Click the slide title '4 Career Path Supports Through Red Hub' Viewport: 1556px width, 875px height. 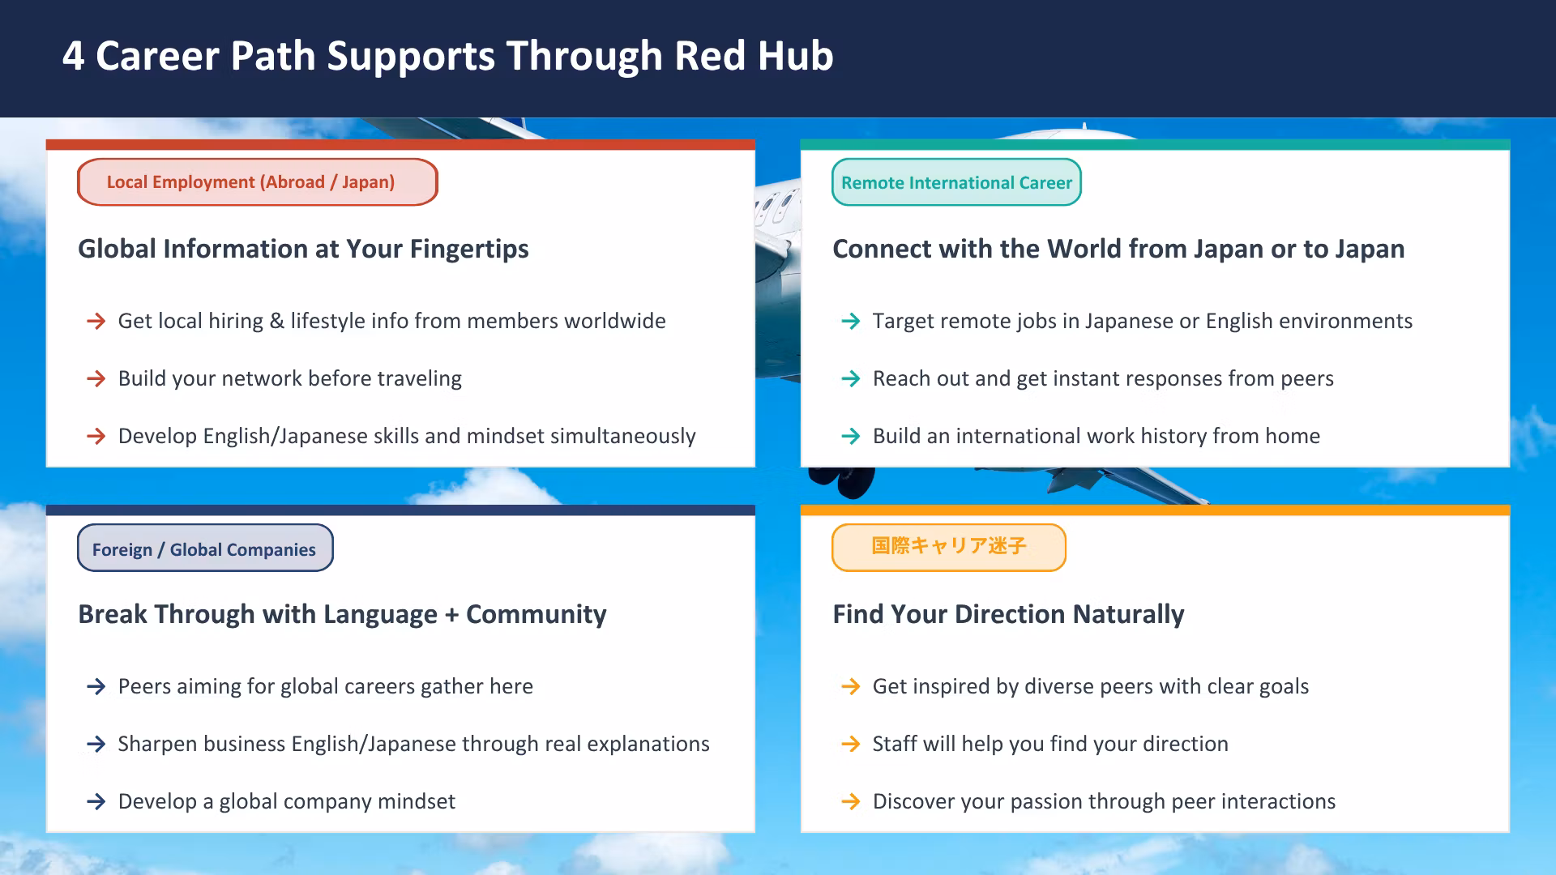coord(448,56)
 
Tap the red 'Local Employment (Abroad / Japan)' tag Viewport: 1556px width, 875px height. coord(258,182)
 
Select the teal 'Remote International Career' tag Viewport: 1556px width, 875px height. coord(956,182)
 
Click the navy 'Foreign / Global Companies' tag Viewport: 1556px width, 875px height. coord(205,548)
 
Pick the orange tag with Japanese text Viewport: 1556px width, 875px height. coord(949,548)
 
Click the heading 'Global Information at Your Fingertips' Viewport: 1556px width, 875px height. coord(303,249)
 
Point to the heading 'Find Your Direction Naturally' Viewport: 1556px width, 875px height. coord(1008,614)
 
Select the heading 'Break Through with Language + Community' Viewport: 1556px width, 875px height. coord(342,614)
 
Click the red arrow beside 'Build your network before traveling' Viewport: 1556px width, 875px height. coord(96,378)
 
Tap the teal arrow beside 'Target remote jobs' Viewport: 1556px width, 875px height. coord(851,321)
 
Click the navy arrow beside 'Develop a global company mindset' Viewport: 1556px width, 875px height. coord(96,801)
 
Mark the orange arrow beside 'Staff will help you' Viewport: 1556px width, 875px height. coord(851,744)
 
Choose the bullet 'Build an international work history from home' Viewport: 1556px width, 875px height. coord(1096,436)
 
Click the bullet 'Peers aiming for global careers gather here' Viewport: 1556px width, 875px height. coord(326,687)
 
